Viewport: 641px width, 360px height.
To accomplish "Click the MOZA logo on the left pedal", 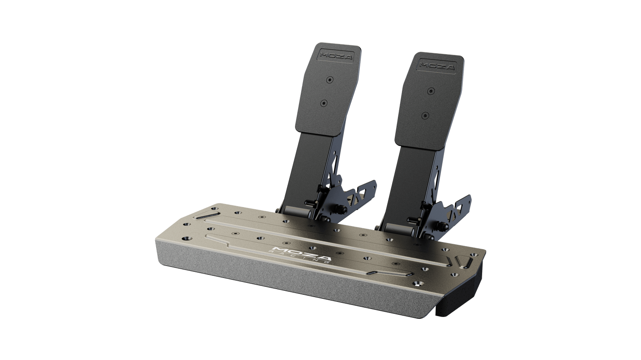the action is (336, 55).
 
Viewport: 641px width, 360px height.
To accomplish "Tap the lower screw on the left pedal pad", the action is (324, 103).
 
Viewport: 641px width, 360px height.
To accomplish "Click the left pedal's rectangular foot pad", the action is (328, 89).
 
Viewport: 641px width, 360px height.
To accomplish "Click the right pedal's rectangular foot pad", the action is (429, 100).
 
